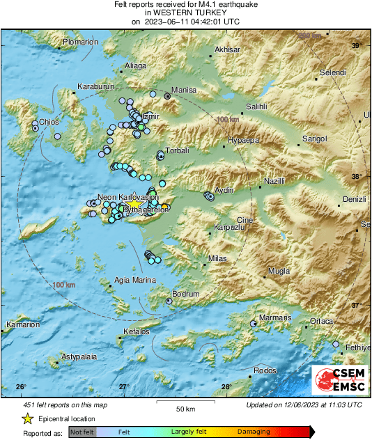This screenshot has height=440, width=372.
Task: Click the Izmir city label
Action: pos(151,116)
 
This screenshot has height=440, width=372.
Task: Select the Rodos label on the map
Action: pos(265,370)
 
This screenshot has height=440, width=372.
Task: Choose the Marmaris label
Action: pos(274,317)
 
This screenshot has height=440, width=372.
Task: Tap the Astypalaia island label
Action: pos(77,356)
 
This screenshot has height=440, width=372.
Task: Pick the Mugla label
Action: pos(278,270)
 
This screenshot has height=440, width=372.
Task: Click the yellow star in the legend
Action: pos(27,418)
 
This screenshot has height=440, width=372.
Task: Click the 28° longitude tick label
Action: pos(226,387)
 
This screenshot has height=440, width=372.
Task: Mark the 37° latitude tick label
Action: pos(355,305)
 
